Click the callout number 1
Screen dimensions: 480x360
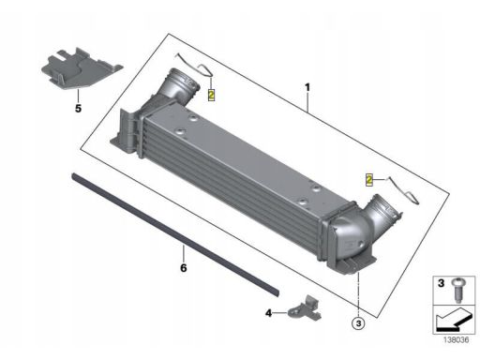307,87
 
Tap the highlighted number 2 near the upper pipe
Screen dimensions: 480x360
212,95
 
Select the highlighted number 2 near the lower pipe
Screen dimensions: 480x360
369,180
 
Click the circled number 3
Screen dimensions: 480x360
358,323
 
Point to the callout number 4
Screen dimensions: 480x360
268,313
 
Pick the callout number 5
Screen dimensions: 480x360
78,109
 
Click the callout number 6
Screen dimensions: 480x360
184,268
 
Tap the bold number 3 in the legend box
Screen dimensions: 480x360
441,283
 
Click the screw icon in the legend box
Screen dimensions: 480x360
457,290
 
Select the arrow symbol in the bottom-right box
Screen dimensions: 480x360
453,320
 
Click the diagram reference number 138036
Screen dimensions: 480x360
457,340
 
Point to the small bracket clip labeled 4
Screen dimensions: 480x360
305,308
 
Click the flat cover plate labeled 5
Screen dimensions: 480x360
81,68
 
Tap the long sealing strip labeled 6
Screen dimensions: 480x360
175,234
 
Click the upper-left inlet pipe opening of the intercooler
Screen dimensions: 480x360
185,82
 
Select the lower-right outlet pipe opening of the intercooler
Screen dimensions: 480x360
387,209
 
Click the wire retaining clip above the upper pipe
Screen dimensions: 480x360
195,66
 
